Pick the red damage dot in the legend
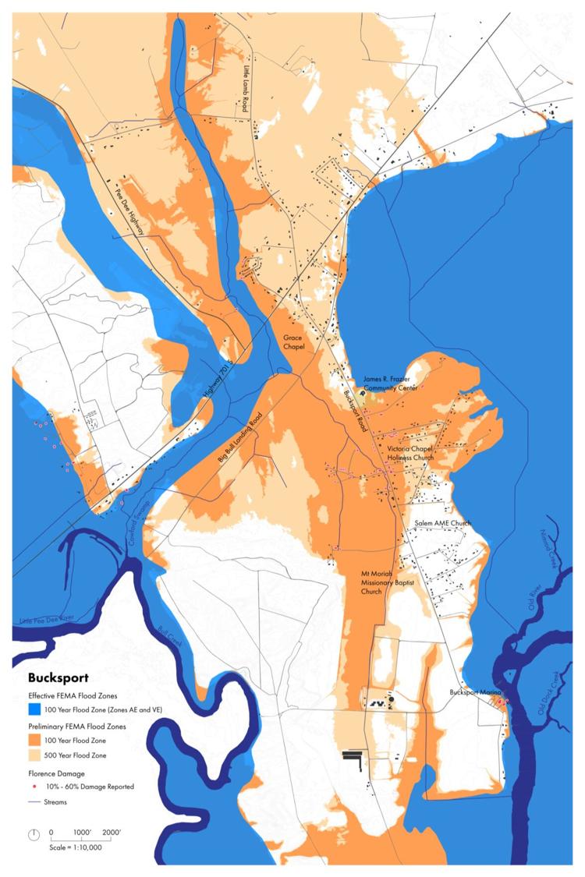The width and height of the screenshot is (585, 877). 37,786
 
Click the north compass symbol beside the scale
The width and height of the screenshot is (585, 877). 34,834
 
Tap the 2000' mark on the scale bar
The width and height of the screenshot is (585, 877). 110,833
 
